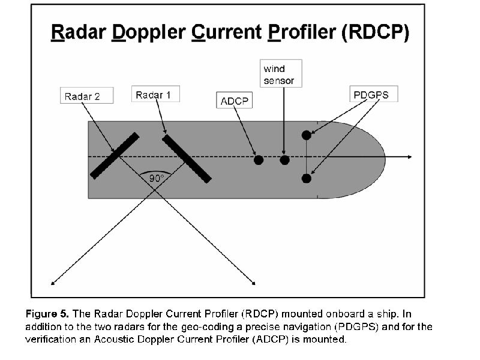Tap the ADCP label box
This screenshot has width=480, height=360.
pyautogui.click(x=234, y=101)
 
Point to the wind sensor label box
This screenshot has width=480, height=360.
pyautogui.click(x=281, y=74)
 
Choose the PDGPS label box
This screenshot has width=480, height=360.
pyautogui.click(x=373, y=94)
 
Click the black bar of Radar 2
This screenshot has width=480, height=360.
pyautogui.click(x=115, y=156)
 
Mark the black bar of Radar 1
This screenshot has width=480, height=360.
pyautogui.click(x=187, y=158)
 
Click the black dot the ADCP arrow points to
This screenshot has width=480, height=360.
pyautogui.click(x=259, y=160)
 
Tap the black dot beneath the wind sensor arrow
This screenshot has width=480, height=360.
pyautogui.click(x=284, y=160)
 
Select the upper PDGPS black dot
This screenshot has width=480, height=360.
pyautogui.click(x=306, y=135)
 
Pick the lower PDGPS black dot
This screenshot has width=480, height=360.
pyautogui.click(x=306, y=178)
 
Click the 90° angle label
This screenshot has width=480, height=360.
pyautogui.click(x=157, y=178)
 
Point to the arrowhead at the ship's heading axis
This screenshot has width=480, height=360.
pyautogui.click(x=410, y=157)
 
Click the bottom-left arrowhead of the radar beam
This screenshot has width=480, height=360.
pyautogui.click(x=53, y=282)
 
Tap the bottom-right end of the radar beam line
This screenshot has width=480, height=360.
pyautogui.click(x=253, y=282)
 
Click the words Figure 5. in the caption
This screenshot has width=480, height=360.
pyautogui.click(x=47, y=314)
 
